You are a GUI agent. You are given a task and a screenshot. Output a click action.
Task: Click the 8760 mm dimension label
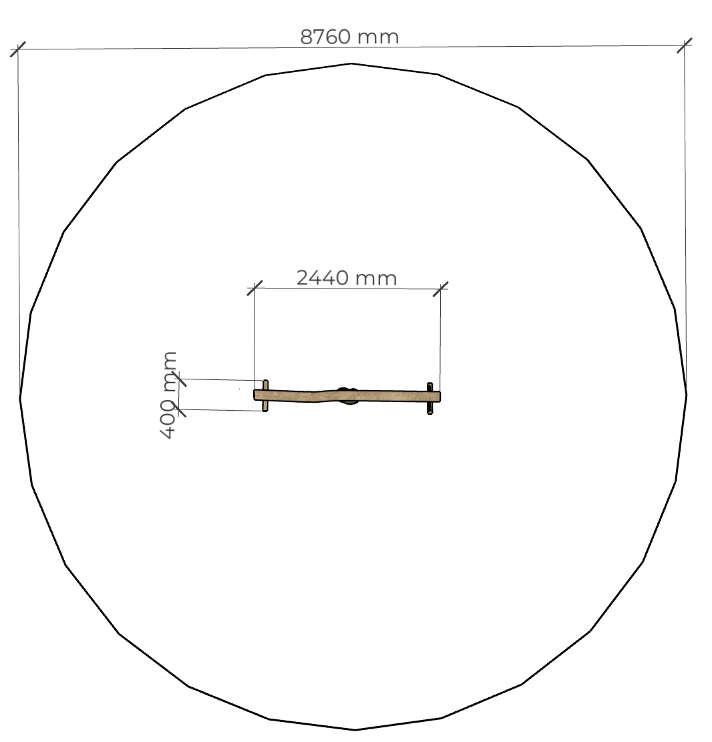[x=349, y=37]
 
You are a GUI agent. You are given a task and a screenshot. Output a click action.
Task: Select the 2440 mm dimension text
[x=347, y=278]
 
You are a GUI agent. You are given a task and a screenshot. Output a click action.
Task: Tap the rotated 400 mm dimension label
[x=169, y=395]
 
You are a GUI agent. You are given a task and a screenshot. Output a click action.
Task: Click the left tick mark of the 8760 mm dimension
[x=18, y=49]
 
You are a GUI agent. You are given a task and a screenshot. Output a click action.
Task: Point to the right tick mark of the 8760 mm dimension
[x=684, y=46]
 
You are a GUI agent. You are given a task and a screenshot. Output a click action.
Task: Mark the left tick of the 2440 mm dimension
[x=254, y=289]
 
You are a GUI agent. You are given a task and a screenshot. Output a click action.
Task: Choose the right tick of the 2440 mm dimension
[x=440, y=289]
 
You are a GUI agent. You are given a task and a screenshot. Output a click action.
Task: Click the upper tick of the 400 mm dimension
[x=179, y=379]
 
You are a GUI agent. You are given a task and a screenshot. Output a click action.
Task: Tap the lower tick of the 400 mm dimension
[x=179, y=409]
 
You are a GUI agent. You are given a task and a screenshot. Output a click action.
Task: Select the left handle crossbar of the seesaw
[x=266, y=395]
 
